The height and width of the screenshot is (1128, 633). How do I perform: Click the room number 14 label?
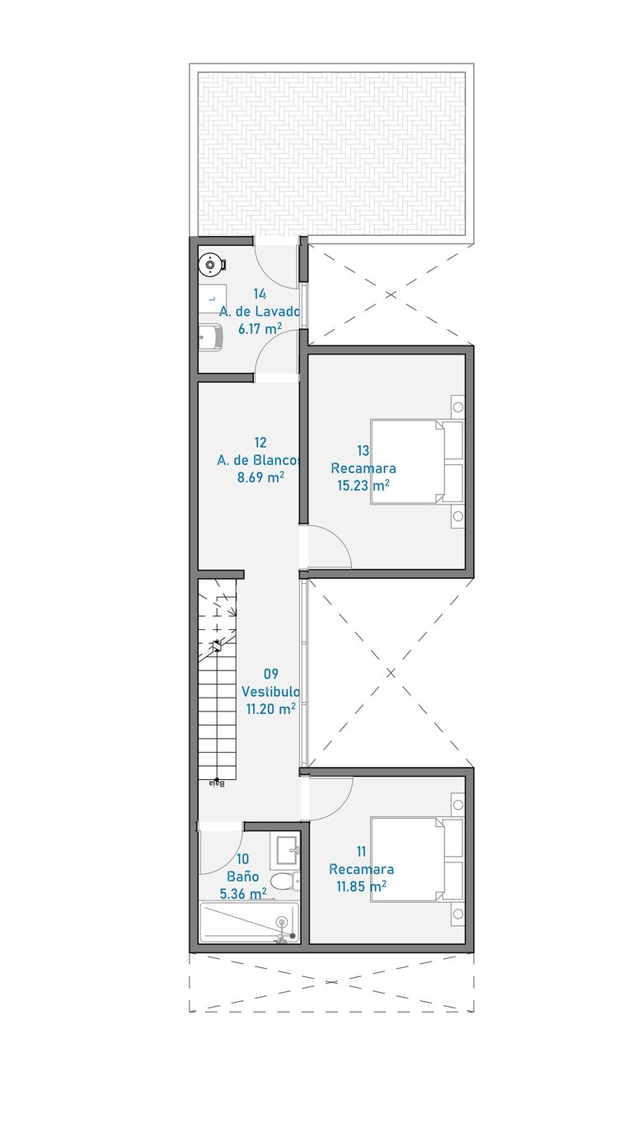(x=260, y=294)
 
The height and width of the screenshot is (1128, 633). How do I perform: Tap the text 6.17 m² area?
(x=260, y=329)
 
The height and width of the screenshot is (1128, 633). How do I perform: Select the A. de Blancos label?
(x=259, y=460)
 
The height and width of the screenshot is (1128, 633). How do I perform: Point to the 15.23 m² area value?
(x=363, y=486)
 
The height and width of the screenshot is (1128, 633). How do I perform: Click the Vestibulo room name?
(x=270, y=691)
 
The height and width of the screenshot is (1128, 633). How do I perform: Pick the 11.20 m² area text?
(x=270, y=708)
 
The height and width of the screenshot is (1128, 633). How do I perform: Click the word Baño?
(x=242, y=877)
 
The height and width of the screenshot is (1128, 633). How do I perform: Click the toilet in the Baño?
(x=285, y=881)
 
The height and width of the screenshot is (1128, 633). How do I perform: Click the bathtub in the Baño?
(x=249, y=923)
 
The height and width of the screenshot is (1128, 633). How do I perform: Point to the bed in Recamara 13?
(x=416, y=462)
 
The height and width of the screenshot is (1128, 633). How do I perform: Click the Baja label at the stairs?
(x=217, y=783)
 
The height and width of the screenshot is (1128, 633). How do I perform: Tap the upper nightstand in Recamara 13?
(x=457, y=407)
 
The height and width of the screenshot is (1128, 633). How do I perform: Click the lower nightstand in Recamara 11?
(x=457, y=914)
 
